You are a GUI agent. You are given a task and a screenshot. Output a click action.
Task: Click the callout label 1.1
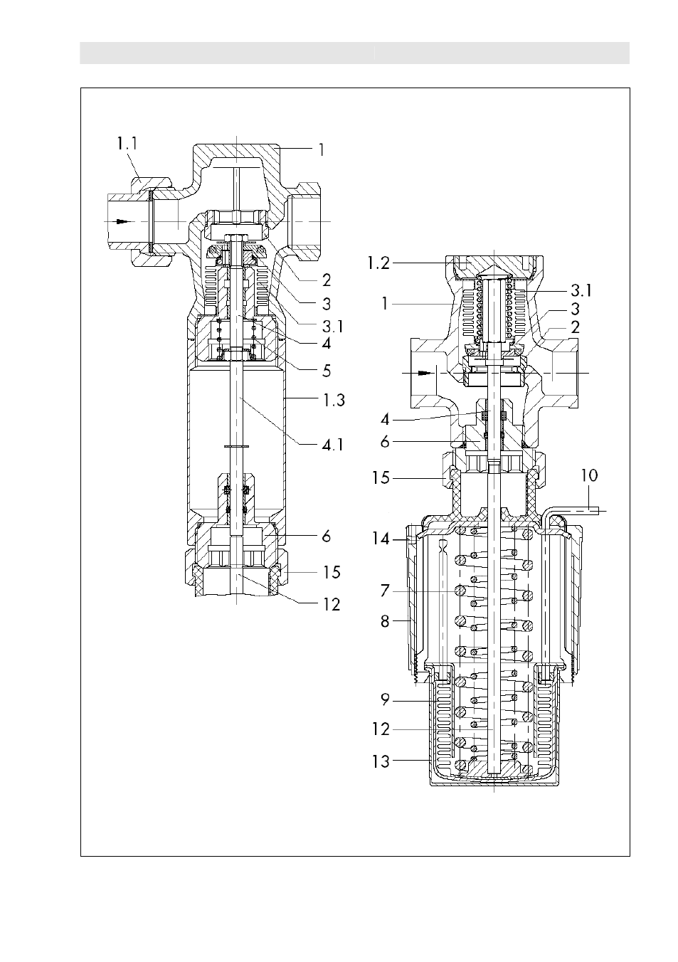pos(127,144)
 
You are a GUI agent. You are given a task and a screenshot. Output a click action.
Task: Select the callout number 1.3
pos(334,400)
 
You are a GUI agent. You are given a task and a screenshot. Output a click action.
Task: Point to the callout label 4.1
pos(333,445)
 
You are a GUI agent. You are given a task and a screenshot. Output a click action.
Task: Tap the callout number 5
pos(327,371)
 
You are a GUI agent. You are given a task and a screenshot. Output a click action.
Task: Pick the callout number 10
pos(589,475)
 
